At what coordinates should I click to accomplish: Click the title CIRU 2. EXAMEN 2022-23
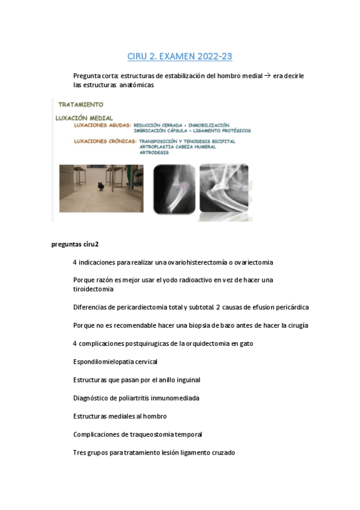tap(180, 57)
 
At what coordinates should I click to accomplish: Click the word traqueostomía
tap(150, 434)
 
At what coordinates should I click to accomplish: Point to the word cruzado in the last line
tap(220, 452)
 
